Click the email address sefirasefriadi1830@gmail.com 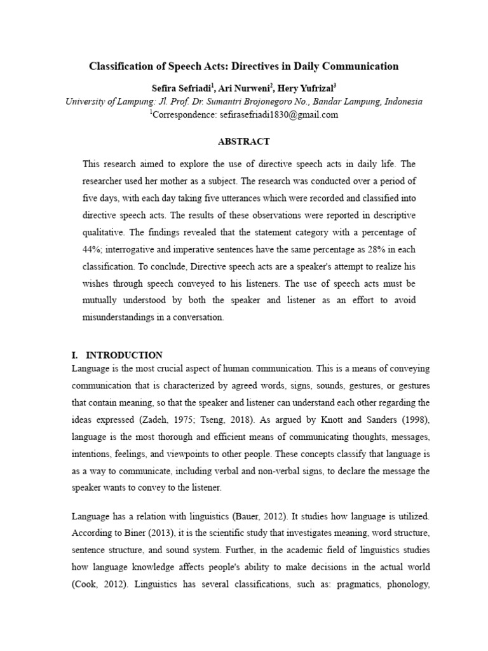tap(266, 115)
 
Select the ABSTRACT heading tap(244, 141)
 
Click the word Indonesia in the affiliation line tap(402, 102)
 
